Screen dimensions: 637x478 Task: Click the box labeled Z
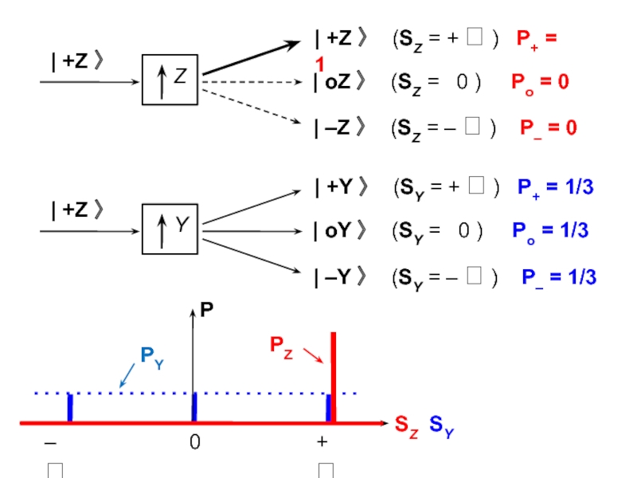tap(169, 80)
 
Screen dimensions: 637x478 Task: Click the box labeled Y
tap(169, 229)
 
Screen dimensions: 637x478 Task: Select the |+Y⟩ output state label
tap(341, 188)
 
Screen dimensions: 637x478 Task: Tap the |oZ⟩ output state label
tap(341, 81)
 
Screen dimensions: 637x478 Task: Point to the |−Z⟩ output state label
tap(341, 127)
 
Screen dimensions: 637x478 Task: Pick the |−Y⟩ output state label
tap(341, 277)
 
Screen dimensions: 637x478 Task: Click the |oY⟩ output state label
tap(341, 232)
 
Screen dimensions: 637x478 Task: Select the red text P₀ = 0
tap(540, 81)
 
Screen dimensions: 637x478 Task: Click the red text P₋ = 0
tap(548, 128)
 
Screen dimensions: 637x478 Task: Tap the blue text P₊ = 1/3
tap(555, 188)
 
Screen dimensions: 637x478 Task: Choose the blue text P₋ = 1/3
tap(559, 277)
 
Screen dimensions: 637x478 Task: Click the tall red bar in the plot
tap(334, 374)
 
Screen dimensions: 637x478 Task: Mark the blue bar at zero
tap(194, 407)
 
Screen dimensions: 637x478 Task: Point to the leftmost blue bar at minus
tap(70, 407)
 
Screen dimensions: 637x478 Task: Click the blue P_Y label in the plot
tap(152, 356)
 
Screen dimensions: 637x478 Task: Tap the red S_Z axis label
tap(407, 425)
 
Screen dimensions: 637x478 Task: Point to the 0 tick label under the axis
tap(194, 442)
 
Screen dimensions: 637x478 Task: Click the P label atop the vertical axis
tap(207, 308)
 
